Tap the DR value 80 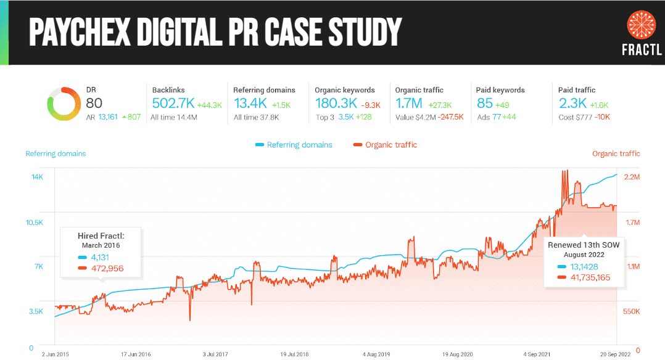coord(94,103)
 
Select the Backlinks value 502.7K coord(173,104)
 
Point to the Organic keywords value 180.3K coord(336,104)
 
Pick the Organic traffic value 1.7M coord(409,104)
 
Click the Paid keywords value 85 coord(485,104)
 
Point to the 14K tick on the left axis coord(37,177)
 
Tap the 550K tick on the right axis coord(631,312)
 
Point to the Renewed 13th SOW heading coord(583,244)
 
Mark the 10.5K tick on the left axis coord(34,222)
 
